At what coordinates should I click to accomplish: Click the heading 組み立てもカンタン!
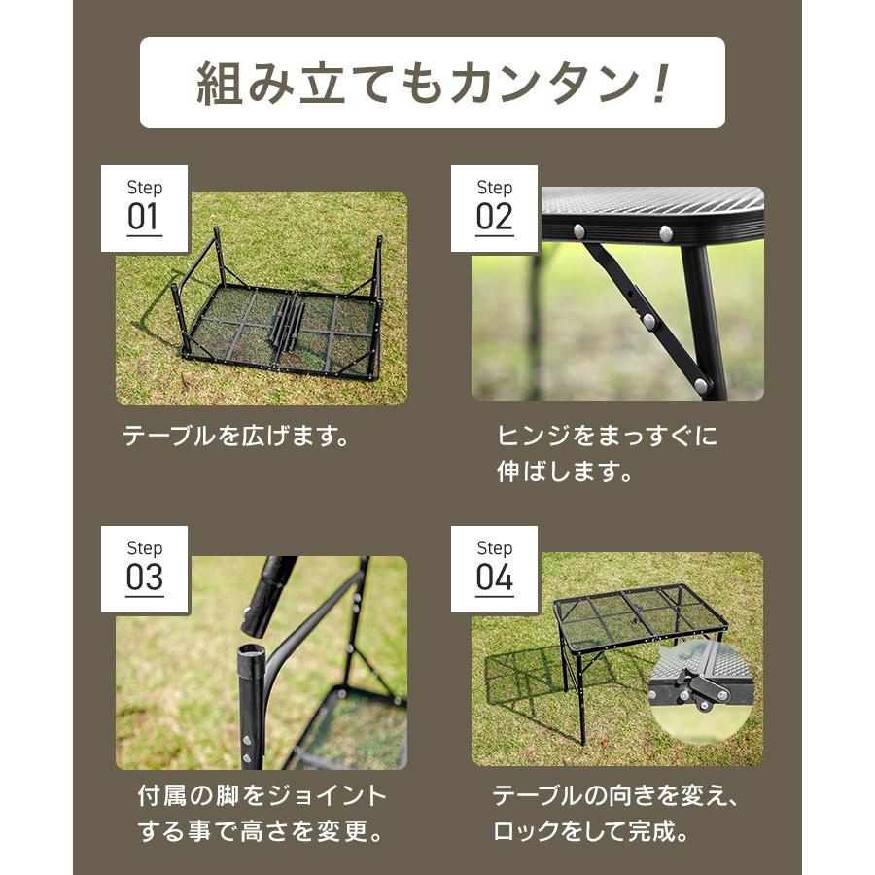coord(433,84)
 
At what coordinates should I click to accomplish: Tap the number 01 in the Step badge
coord(144,217)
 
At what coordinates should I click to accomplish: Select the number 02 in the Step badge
coord(494,217)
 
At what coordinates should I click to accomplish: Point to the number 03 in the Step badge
coord(144,577)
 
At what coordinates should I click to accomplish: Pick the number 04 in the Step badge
coord(494,577)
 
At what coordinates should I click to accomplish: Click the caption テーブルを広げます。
coord(236,437)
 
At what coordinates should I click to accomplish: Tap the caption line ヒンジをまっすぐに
coord(608,437)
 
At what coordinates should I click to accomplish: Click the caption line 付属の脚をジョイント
coord(262,797)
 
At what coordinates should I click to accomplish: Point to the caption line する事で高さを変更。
coord(262,833)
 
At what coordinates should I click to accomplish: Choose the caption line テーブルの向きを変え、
coord(616,797)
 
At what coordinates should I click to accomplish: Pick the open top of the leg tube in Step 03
coord(251,649)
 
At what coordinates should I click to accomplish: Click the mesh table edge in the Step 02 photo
coord(651,212)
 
